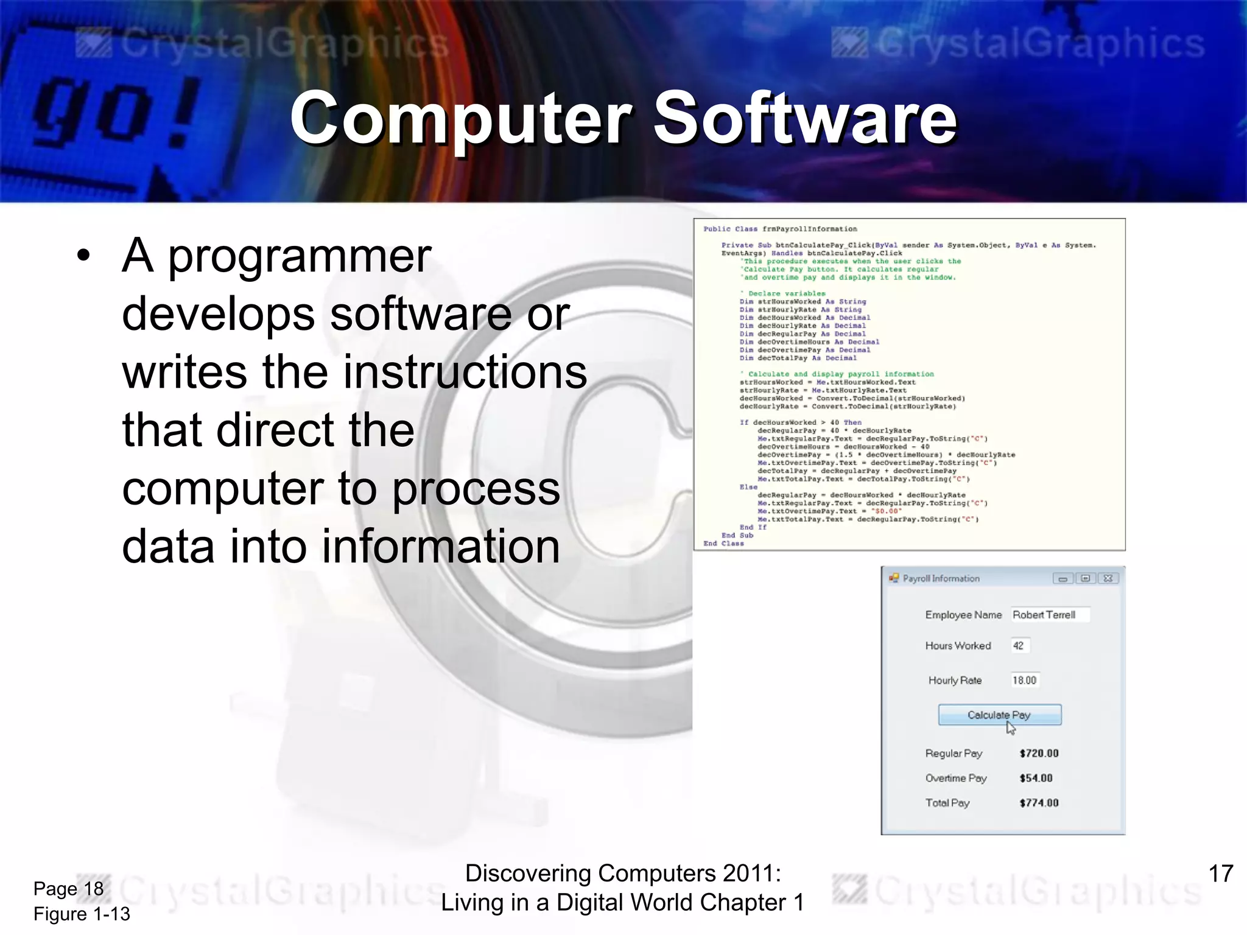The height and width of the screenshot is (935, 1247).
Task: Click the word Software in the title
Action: pos(805,118)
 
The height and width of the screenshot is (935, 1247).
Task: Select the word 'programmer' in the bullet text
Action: pos(300,256)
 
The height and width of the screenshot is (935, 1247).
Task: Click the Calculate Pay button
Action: pos(999,715)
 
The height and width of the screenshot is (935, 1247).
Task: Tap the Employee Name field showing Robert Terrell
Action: pos(1049,615)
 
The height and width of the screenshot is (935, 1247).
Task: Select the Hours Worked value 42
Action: pos(1019,646)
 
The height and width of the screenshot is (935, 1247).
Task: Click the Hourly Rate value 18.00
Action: pos(1024,681)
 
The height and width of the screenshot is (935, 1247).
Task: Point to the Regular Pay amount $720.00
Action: pos(1039,754)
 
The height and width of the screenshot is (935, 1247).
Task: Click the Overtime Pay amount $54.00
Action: pos(1036,779)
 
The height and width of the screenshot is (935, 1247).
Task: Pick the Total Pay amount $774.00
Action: pos(1039,803)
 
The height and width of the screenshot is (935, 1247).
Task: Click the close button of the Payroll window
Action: pos(1108,578)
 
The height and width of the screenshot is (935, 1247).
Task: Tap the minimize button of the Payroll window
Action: pos(1063,578)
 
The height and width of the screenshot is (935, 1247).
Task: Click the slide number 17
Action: pos(1220,874)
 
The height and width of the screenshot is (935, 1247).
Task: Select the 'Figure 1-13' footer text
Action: pos(82,914)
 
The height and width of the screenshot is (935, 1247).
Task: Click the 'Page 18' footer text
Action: pos(68,889)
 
